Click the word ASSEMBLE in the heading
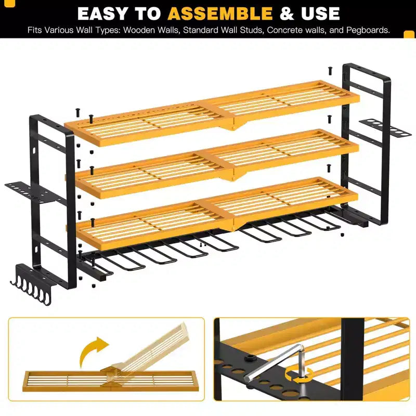[x=220, y=14]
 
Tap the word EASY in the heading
[x=103, y=14]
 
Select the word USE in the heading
[x=320, y=14]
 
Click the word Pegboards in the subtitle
[x=368, y=30]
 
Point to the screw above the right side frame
[x=330, y=71]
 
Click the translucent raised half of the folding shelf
[x=149, y=350]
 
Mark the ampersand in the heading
[x=287, y=14]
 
